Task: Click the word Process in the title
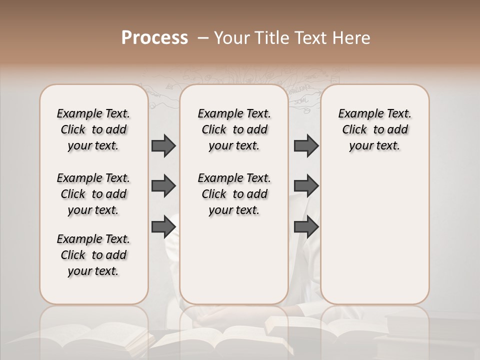154,38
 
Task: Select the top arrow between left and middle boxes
163,145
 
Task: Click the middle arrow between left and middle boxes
163,186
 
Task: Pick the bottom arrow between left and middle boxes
163,226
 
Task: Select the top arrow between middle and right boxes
306,145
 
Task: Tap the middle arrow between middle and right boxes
306,186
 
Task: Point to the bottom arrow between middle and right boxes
306,226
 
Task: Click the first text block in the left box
93,129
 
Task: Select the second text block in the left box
93,194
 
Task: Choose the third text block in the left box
93,255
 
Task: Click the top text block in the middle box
234,129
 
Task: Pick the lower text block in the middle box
234,194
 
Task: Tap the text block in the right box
375,129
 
